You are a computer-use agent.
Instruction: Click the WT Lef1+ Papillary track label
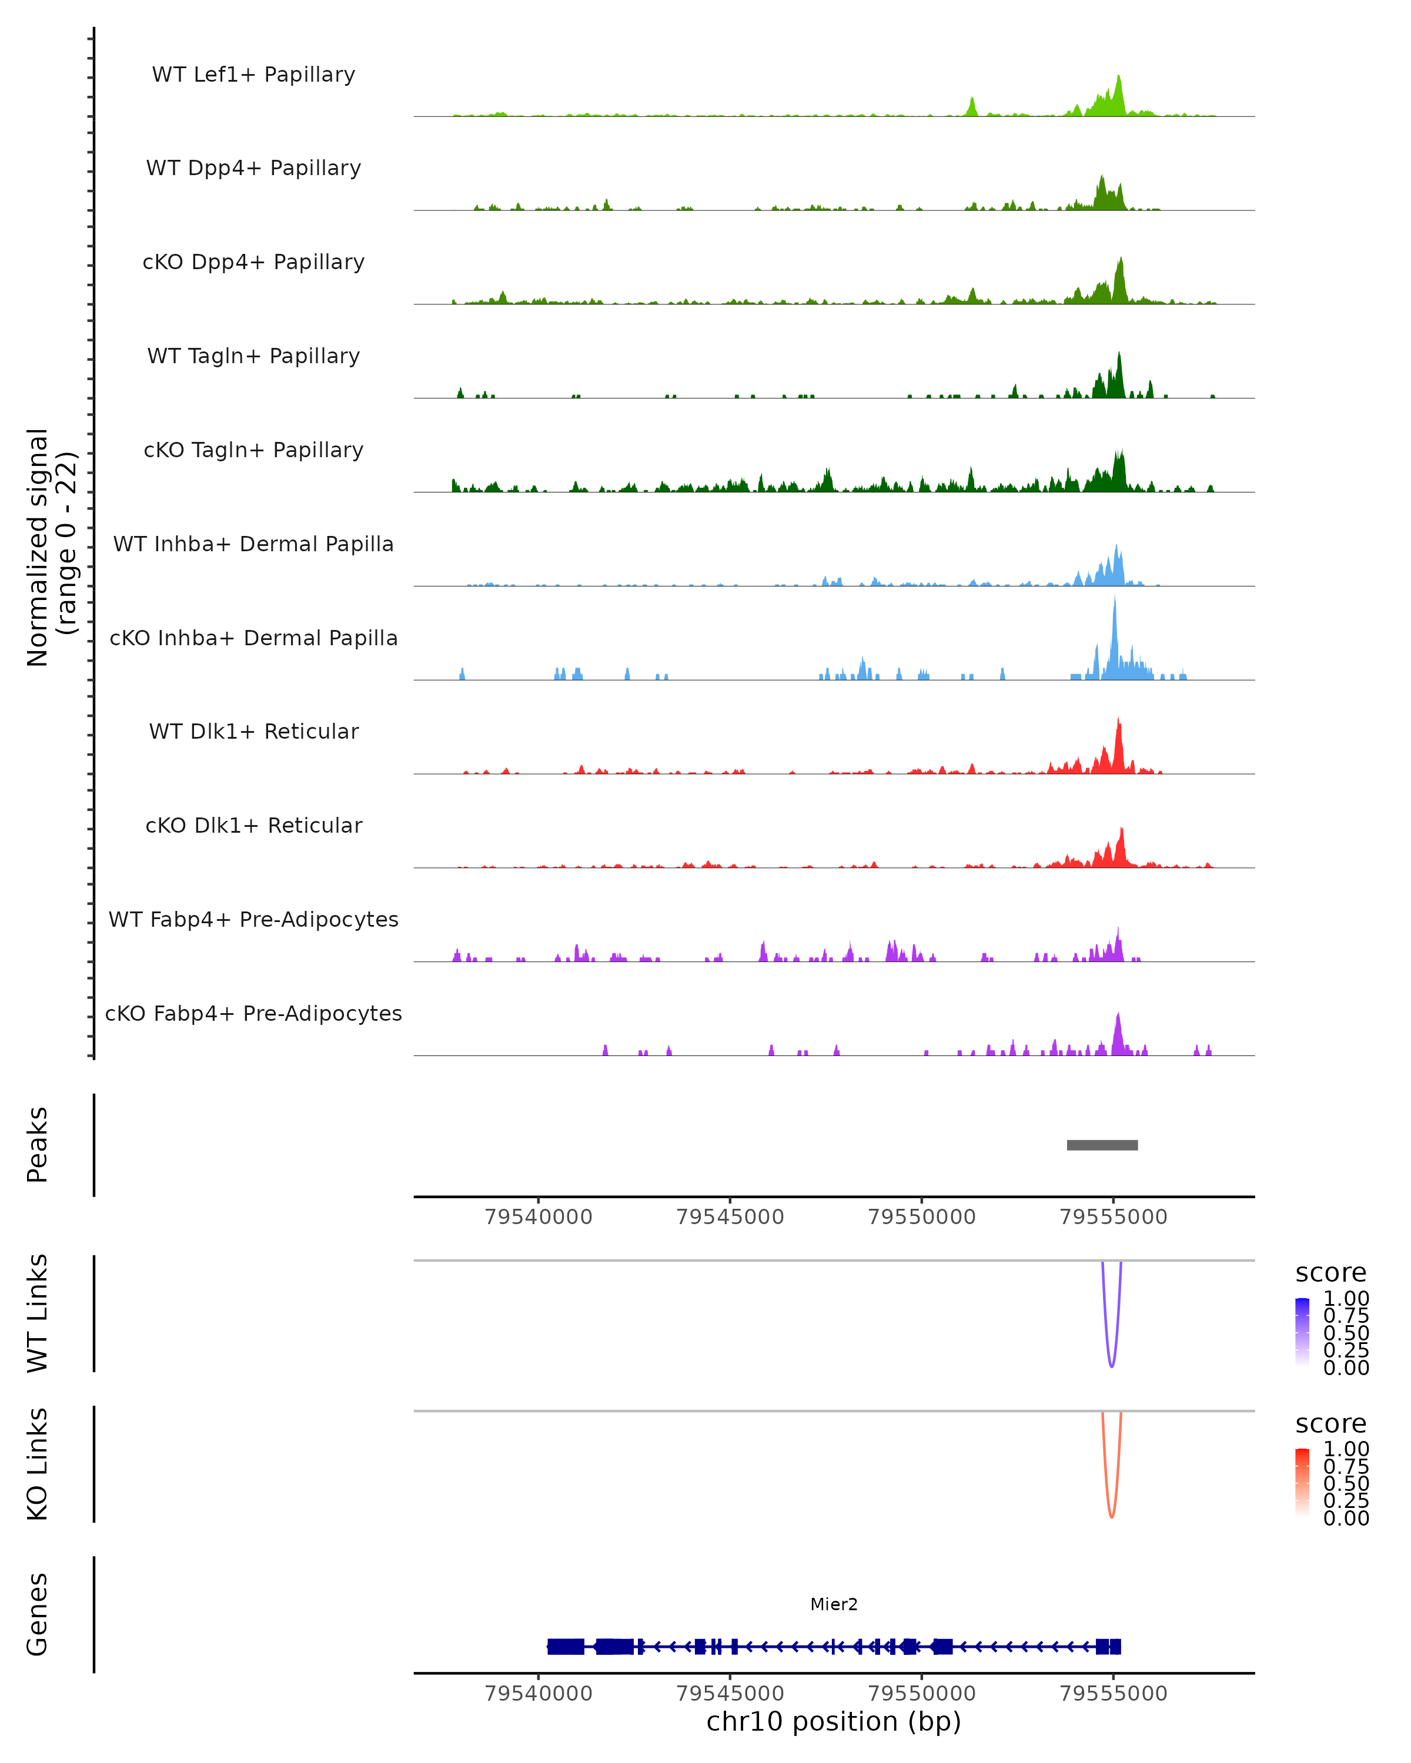(x=253, y=75)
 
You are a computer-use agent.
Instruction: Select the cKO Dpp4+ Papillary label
(x=253, y=262)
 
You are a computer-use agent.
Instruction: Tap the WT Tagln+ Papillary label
(x=253, y=356)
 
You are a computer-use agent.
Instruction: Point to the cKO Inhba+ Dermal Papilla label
(x=253, y=638)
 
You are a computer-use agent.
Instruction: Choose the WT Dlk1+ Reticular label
(x=253, y=731)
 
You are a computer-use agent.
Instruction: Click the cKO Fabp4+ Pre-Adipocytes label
(x=253, y=1013)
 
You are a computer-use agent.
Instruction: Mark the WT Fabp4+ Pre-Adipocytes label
(x=253, y=919)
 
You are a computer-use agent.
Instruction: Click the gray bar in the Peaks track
(x=1102, y=1145)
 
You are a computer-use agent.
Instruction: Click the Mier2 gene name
(x=834, y=1604)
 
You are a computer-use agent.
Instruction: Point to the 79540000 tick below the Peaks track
(x=538, y=1217)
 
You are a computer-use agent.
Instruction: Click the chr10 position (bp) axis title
(x=834, y=1721)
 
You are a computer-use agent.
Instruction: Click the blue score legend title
(x=1330, y=1272)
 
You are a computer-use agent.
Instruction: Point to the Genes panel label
(x=37, y=1614)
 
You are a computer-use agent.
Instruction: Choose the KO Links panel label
(x=37, y=1464)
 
